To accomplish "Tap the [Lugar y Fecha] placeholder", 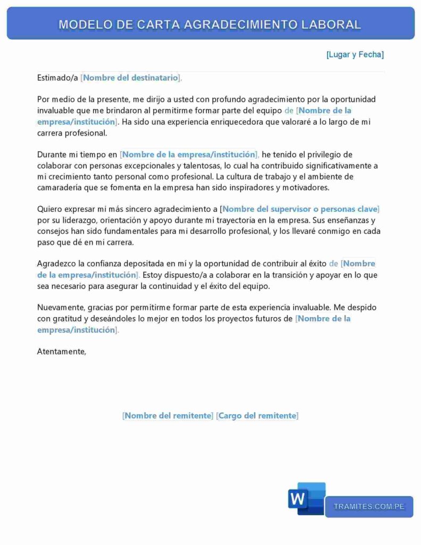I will point(355,54).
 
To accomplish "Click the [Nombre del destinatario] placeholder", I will point(130,78).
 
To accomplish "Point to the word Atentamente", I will point(61,351).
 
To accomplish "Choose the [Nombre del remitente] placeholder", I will point(168,416).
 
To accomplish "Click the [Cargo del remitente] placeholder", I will point(257,416).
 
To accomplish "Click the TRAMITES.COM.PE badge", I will point(369,507).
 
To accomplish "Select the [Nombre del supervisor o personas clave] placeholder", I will point(300,209).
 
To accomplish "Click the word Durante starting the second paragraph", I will point(52,154).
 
